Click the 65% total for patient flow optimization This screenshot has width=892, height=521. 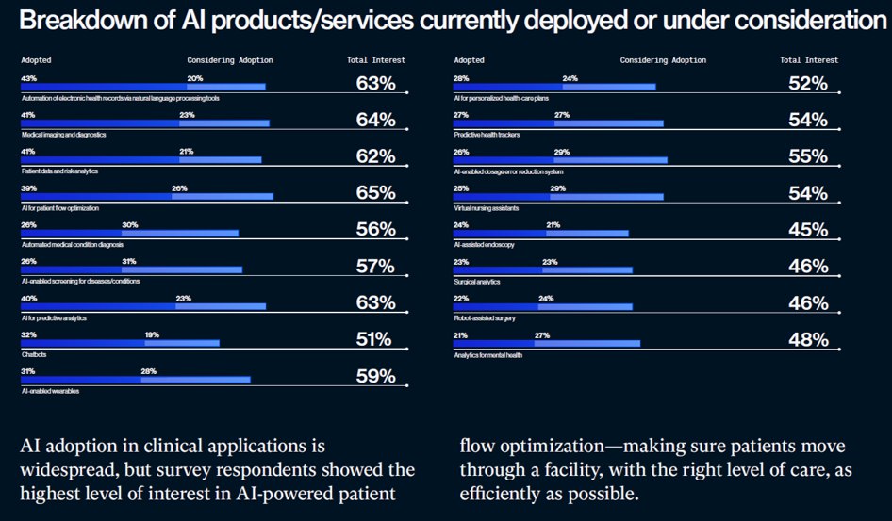point(375,194)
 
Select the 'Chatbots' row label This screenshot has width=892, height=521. point(35,354)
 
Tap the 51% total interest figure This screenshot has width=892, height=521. point(375,340)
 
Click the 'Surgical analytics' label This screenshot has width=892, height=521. point(476,281)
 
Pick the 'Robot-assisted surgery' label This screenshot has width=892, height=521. point(483,317)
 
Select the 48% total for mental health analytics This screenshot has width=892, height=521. point(808,341)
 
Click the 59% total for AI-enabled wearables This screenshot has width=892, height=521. point(375,377)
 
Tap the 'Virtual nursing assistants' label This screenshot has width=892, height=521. point(487,207)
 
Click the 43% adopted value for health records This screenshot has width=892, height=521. point(28,78)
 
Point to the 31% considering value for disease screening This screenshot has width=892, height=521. point(129,261)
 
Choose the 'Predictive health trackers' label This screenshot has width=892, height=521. point(487,135)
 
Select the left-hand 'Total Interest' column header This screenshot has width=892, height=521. point(375,60)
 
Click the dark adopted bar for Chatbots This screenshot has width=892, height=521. point(82,343)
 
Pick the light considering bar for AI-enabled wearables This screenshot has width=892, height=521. point(195,380)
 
